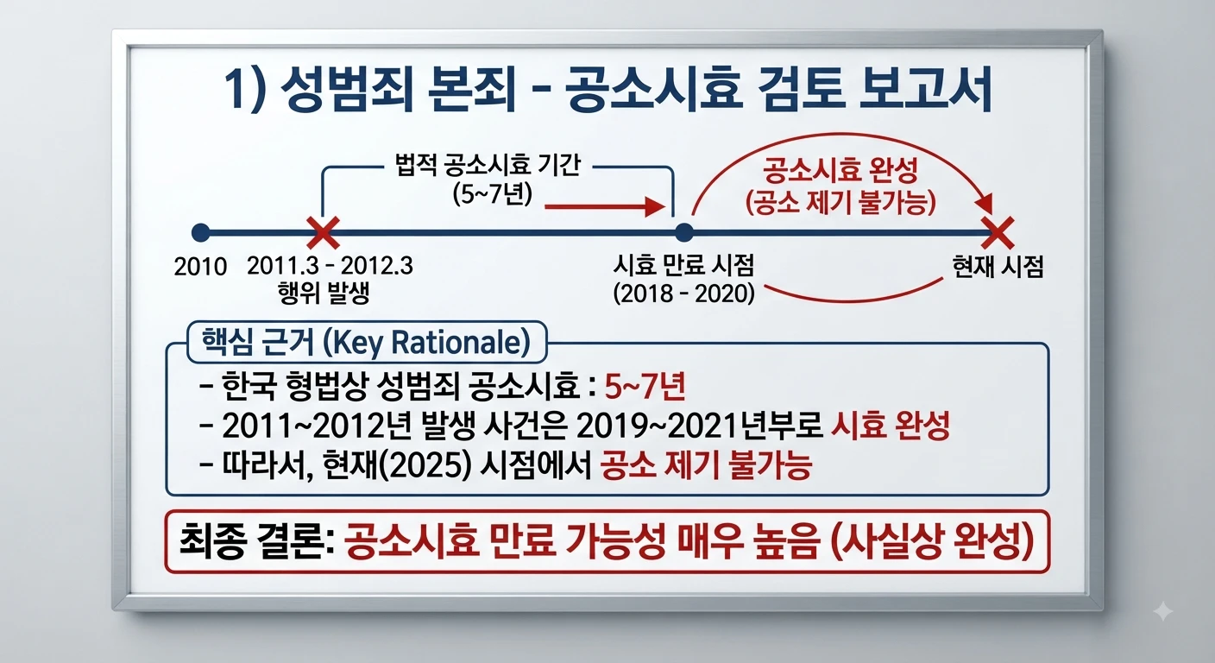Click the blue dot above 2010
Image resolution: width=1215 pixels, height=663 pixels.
click(201, 233)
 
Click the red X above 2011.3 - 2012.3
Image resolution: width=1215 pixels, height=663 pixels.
click(324, 233)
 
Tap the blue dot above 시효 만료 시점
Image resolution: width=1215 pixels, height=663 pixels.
click(684, 233)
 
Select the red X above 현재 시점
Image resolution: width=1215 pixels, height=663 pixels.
click(998, 233)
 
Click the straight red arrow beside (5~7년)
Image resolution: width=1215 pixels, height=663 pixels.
click(605, 206)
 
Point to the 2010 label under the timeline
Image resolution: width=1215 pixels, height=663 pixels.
click(200, 267)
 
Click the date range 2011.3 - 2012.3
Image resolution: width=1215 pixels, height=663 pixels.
click(330, 267)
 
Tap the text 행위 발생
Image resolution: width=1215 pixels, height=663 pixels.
click(324, 294)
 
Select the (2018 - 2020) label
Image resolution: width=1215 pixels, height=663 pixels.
click(684, 294)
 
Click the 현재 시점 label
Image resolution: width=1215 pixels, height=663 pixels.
click(998, 267)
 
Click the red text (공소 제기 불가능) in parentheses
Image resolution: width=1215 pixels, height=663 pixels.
click(840, 203)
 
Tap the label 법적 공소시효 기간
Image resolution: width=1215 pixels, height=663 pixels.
click(488, 165)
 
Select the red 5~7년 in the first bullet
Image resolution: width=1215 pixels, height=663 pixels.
click(645, 386)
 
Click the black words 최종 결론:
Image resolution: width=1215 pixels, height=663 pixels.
click(255, 542)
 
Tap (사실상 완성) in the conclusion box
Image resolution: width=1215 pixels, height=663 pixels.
click(932, 542)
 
